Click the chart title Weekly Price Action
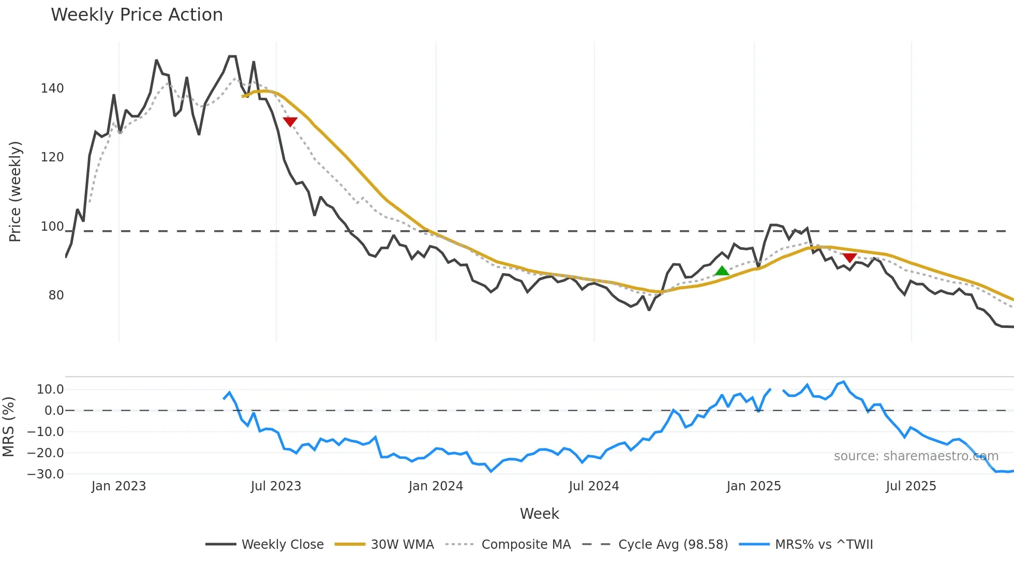coord(137,15)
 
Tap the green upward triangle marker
coord(722,271)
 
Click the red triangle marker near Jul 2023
coord(290,122)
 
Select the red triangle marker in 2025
coord(849,258)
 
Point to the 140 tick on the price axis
coord(52,88)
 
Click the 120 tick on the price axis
coord(52,157)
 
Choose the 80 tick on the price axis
coord(56,295)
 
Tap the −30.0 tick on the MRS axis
coord(46,474)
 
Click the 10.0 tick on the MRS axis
coord(50,389)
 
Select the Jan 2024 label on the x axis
coord(436,486)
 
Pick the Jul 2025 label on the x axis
coord(911,486)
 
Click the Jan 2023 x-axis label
coord(118,486)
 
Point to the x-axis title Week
coord(539,514)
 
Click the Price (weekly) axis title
coord(16,191)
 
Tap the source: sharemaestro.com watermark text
coord(916,456)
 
